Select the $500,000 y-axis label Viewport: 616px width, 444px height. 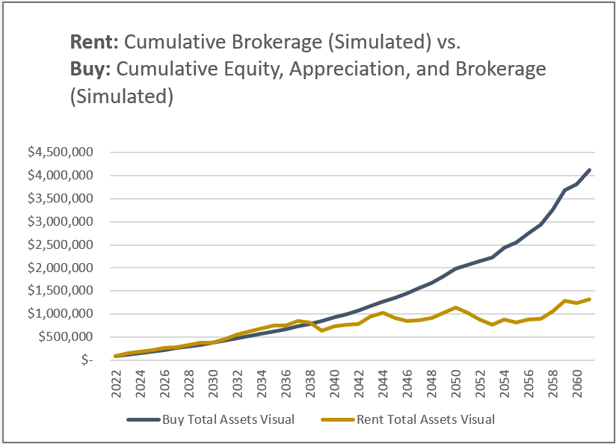click(x=72, y=336)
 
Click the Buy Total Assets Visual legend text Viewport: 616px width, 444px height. click(x=228, y=419)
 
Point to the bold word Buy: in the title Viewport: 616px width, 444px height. click(x=91, y=70)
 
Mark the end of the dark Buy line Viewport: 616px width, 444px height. click(x=589, y=170)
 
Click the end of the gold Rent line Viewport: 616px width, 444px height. click(x=589, y=299)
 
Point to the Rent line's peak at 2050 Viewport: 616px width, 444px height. click(x=455, y=307)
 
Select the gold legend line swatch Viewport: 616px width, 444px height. click(x=336, y=419)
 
